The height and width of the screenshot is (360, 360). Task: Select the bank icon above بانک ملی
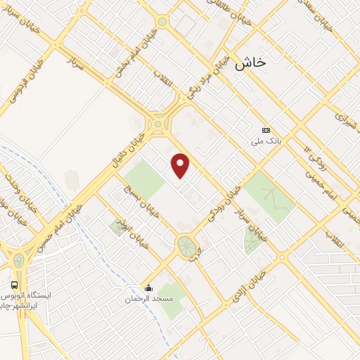pos(266,130)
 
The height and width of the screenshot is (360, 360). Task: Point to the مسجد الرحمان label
pos(148,299)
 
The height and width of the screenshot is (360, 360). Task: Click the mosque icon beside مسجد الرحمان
pos(148,287)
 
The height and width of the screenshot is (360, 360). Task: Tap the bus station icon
pos(15,285)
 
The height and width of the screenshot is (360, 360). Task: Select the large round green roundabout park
pos(186,246)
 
